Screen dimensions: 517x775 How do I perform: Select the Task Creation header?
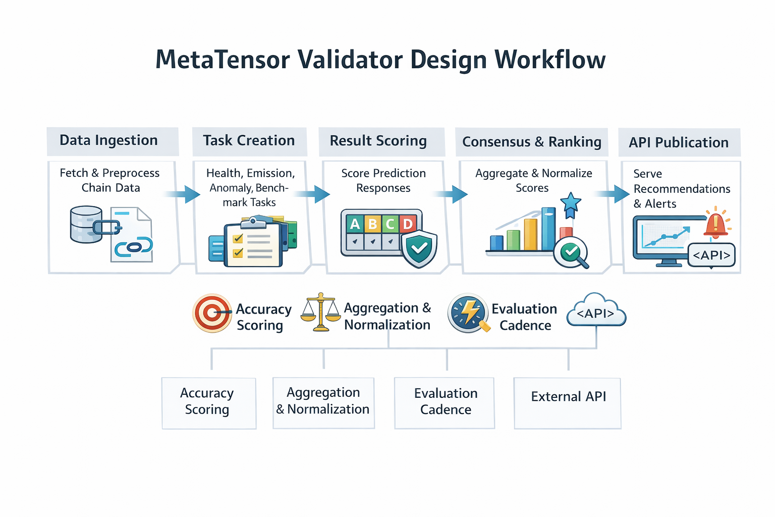[249, 141]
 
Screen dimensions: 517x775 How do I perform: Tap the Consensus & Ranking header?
[531, 142]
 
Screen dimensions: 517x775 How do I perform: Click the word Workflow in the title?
[550, 60]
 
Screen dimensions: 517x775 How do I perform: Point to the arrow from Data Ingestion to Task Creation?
[184, 194]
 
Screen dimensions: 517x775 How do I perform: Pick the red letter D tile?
[408, 224]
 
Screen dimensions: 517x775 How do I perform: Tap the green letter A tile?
[355, 224]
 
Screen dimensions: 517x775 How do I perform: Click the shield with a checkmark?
[419, 248]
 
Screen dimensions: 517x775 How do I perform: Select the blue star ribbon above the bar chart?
[571, 204]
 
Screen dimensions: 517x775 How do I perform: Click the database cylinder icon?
[86, 224]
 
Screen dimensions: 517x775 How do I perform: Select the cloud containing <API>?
[596, 312]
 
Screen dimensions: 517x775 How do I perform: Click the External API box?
[568, 403]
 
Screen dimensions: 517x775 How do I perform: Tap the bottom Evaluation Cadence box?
[445, 402]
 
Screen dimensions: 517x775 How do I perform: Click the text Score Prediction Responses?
[383, 181]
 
